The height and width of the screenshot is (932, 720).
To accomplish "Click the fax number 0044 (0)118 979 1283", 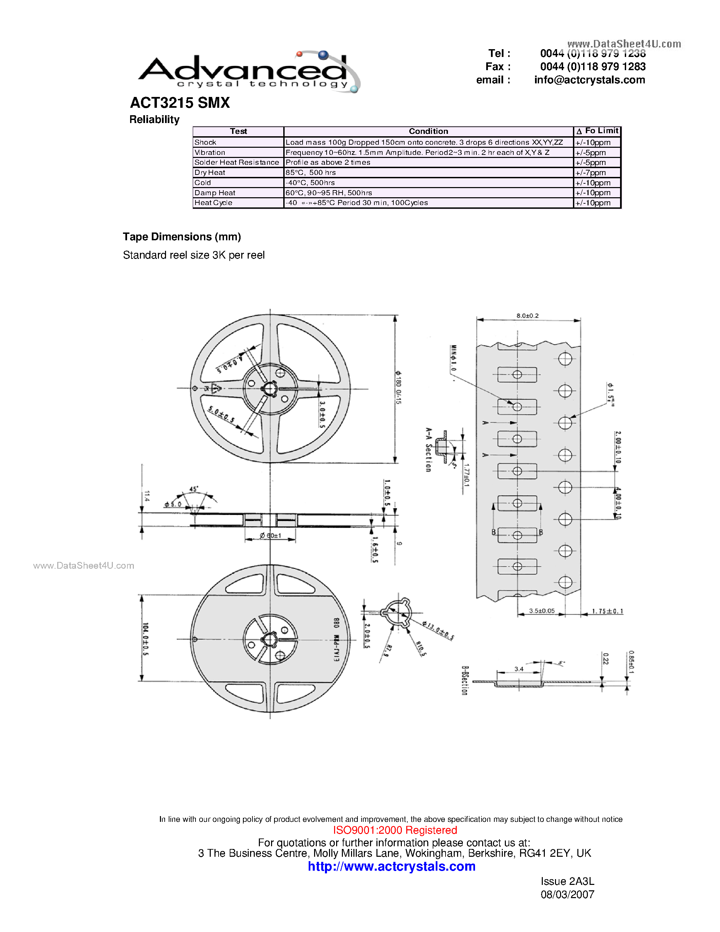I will point(593,66).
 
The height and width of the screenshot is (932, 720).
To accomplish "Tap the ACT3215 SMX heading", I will point(180,103).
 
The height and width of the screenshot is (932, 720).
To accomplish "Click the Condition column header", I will point(428,131).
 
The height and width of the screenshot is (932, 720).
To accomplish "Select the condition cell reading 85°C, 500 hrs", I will point(310,173).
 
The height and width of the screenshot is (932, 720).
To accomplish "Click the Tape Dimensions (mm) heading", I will point(182,237).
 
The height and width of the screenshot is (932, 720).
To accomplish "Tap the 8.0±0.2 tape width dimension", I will point(527,316).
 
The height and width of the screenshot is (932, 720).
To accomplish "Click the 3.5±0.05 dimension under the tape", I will point(542,611).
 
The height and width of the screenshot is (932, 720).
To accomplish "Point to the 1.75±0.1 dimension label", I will point(608,611).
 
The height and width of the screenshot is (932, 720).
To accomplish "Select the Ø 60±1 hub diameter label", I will point(270,535).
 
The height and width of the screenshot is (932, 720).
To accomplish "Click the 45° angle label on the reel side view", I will point(194,489).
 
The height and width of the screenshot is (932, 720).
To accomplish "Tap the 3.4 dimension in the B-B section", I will point(519,669).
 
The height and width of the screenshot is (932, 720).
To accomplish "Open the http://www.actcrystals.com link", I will point(392,866).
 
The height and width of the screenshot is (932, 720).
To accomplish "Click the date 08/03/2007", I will point(567,894).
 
